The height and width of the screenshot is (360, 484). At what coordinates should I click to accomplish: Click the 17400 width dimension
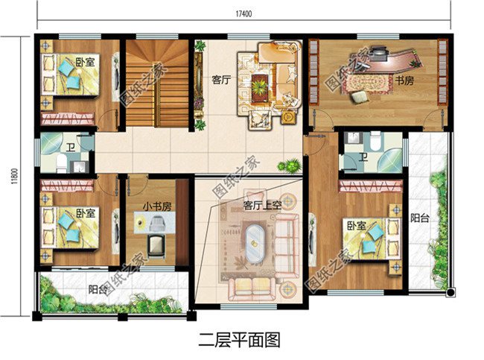tap(243, 14)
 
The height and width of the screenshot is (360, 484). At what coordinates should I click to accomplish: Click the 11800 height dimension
tap(14, 177)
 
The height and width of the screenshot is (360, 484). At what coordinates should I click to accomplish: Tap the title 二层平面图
tap(240, 340)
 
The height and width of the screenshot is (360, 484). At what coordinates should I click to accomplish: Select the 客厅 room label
tap(221, 80)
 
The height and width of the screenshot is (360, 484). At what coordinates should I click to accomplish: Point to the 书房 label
tap(404, 80)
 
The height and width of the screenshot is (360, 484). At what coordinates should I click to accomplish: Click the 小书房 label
tap(157, 206)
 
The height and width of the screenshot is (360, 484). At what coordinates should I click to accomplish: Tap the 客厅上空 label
tap(262, 206)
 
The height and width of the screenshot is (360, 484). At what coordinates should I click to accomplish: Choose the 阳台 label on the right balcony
tap(420, 218)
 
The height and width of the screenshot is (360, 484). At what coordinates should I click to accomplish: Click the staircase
tap(157, 83)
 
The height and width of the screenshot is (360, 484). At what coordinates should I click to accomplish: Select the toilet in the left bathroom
tap(61, 163)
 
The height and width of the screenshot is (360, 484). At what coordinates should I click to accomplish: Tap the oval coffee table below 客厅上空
tap(255, 244)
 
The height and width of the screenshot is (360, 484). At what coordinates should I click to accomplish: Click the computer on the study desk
tap(379, 52)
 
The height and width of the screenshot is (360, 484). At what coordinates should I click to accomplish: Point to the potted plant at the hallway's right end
tap(290, 166)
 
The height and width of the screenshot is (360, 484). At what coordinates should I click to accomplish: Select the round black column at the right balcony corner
tap(450, 292)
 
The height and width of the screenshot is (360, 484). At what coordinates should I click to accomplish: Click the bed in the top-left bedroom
tap(70, 75)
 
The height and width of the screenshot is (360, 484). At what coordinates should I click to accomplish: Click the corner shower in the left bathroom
tap(52, 144)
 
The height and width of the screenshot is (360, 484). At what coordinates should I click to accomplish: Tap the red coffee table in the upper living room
tap(260, 88)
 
